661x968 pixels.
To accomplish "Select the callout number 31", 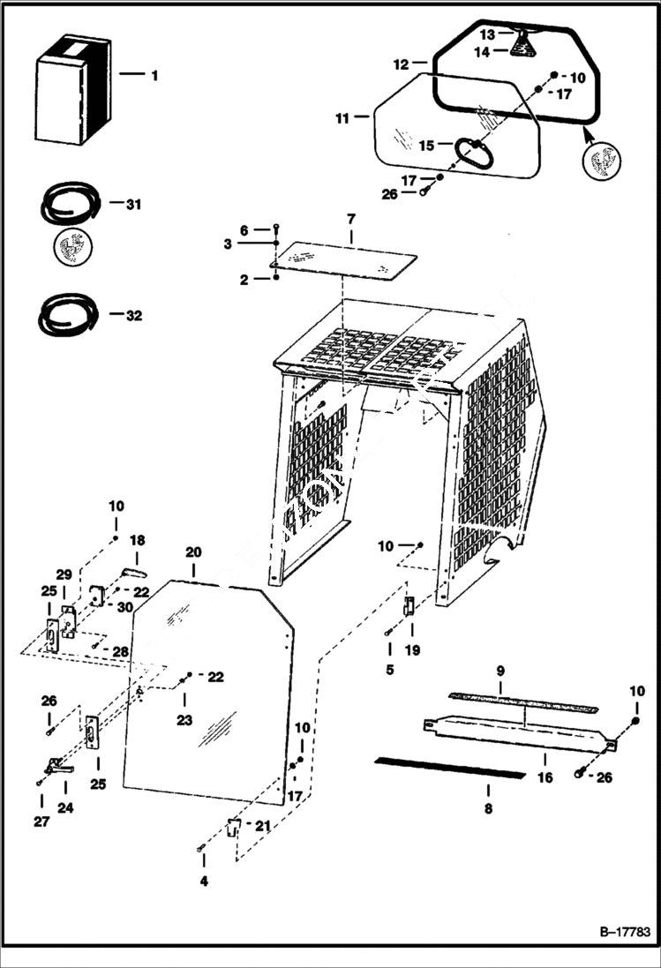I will click(x=133, y=205).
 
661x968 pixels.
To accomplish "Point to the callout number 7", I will click(x=350, y=217).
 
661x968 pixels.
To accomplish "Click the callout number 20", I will click(x=193, y=552).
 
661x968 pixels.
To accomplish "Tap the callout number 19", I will click(x=412, y=650).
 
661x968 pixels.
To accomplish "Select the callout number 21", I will click(x=262, y=826).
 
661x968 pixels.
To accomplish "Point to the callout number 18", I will click(x=138, y=540).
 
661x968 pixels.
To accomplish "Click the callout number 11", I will click(x=342, y=117).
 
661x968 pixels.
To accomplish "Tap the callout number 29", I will click(x=64, y=574).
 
